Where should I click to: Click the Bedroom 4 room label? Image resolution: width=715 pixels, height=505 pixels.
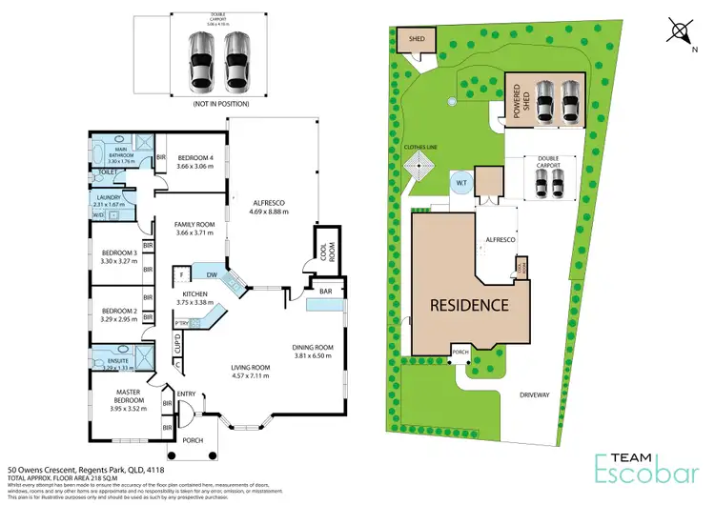click(x=197, y=158)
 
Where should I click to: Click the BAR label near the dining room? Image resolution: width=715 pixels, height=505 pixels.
click(x=324, y=292)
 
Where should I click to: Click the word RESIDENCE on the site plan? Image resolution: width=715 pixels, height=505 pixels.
click(x=468, y=306)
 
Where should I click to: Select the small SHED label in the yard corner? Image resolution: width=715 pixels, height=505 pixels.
click(x=417, y=40)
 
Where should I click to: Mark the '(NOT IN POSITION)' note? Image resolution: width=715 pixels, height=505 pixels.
click(x=216, y=103)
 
